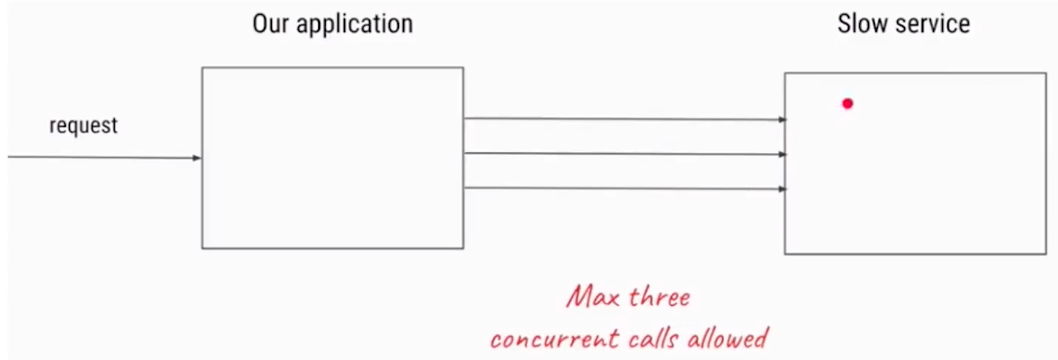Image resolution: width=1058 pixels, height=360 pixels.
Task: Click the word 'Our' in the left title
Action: click(x=271, y=23)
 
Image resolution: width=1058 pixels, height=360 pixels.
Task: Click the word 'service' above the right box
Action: click(x=932, y=23)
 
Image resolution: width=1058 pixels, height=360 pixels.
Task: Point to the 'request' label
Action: click(x=83, y=126)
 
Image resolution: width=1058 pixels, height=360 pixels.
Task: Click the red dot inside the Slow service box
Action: click(x=847, y=103)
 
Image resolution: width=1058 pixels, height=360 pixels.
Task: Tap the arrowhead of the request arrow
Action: click(x=197, y=158)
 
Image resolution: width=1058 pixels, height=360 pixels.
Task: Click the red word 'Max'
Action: click(x=590, y=298)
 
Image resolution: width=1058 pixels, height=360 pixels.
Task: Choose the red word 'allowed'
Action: click(x=731, y=338)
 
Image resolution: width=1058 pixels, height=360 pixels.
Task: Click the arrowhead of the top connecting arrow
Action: click(x=782, y=120)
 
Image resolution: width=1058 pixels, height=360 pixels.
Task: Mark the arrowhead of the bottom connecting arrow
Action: click(x=782, y=189)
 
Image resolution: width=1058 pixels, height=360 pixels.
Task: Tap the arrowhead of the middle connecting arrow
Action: click(x=782, y=155)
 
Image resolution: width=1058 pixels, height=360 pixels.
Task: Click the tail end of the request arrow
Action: click(x=10, y=157)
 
